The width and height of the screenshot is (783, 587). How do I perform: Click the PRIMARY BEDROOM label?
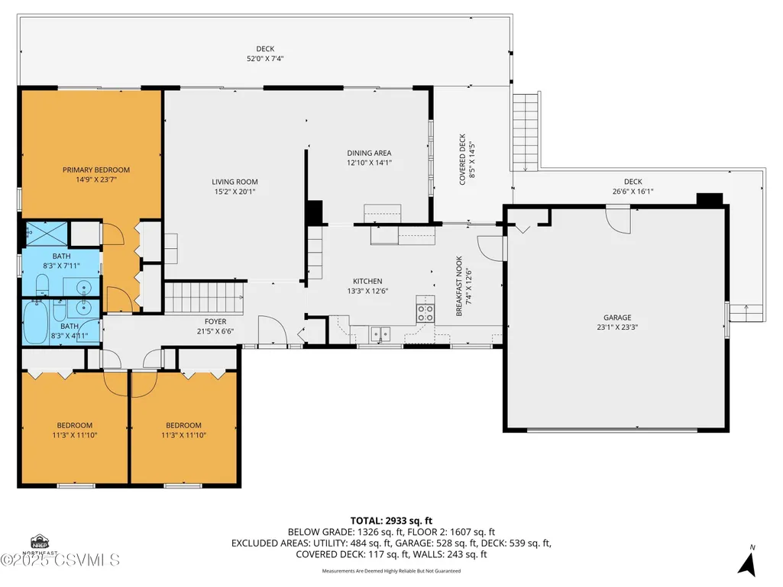tap(96, 169)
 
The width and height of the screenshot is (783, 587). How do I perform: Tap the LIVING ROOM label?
tap(235, 182)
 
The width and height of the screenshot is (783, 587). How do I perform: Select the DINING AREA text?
tap(369, 153)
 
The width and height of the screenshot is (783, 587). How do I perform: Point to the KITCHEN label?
tap(367, 281)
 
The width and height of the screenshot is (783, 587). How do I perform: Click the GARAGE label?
tap(617, 318)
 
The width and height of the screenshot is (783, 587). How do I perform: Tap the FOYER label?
tap(215, 321)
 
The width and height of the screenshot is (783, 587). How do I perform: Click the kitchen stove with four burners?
tap(425, 314)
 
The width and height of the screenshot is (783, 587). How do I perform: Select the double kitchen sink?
tap(380, 334)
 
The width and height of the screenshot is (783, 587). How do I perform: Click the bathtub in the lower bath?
tap(35, 322)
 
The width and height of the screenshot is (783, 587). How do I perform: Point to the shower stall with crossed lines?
tap(47, 234)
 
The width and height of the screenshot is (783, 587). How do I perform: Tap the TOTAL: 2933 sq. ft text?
tap(391, 521)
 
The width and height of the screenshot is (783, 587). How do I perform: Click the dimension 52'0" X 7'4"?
tap(265, 59)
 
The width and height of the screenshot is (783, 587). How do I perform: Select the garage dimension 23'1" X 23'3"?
tap(617, 327)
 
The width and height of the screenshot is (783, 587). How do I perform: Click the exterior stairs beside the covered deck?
tap(526, 131)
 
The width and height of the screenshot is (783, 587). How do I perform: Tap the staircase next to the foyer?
tap(204, 298)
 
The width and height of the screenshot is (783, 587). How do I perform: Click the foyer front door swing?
tap(273, 330)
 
